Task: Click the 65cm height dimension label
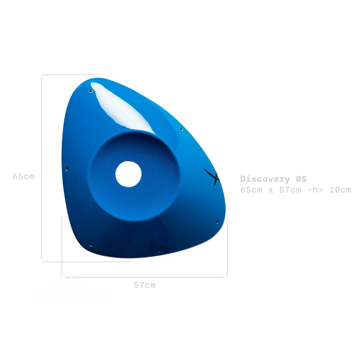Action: pos(23,176)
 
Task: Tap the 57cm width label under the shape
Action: pos(144,285)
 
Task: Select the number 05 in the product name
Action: pos(301,179)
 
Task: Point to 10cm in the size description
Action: pos(340,190)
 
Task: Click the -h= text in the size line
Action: pos(316,190)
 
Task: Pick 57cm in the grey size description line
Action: pos(290,190)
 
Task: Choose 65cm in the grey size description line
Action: pos(251,190)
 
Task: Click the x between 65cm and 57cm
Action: pos(271,190)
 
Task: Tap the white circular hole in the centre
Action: pos(128,174)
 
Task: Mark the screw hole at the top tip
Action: pos(90,91)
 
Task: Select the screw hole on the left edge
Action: pos(67,169)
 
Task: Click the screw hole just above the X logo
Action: pos(181,130)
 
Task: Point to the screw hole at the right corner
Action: pos(217,222)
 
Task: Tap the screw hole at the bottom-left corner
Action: pos(91,245)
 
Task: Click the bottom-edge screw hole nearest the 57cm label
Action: pos(160,250)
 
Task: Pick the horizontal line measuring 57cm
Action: pos(145,277)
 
